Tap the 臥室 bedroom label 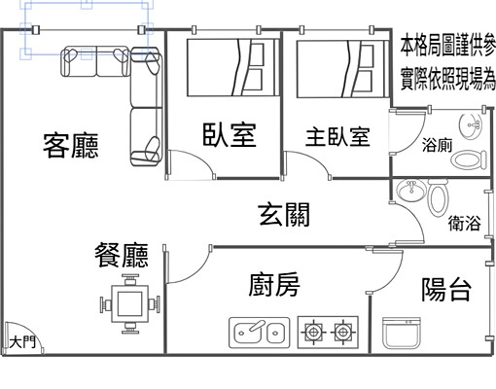(230, 135)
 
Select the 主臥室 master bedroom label (337, 137)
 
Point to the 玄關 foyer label (284, 215)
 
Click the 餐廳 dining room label (122, 256)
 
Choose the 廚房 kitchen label (274, 287)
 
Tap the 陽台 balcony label (447, 289)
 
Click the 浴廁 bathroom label (437, 147)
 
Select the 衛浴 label (465, 224)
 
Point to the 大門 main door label (22, 341)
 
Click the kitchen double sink (260, 332)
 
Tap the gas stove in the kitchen (328, 332)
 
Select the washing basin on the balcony (402, 333)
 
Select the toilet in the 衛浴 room (437, 200)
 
